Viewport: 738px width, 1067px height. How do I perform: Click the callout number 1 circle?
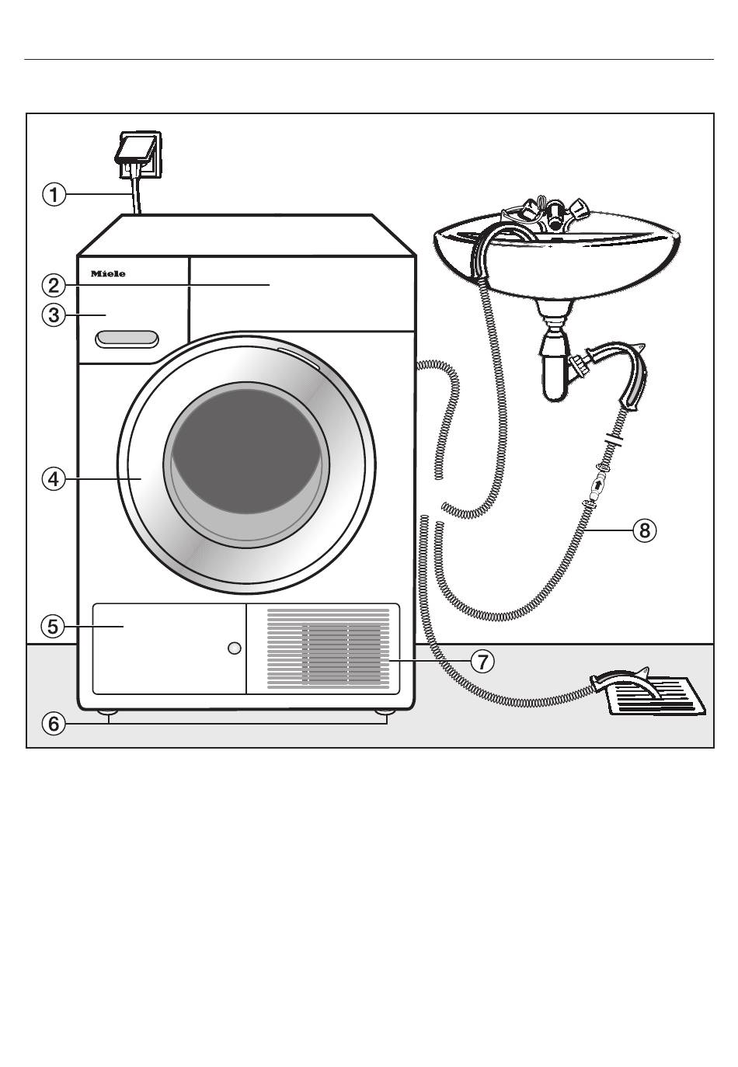(x=54, y=193)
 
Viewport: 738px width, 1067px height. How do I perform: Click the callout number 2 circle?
(x=54, y=285)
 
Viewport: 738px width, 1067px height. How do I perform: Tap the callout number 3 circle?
(x=54, y=316)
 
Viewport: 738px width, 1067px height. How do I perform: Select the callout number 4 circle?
(x=54, y=479)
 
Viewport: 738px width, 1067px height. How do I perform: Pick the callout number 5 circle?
(x=54, y=626)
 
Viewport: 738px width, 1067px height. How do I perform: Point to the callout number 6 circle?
(x=54, y=724)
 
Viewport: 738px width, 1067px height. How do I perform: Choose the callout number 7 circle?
(x=482, y=662)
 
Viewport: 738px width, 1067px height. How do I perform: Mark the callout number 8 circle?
(x=644, y=530)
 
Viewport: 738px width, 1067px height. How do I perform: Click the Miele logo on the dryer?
(x=108, y=274)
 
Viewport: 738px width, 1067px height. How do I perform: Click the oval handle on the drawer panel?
(x=127, y=339)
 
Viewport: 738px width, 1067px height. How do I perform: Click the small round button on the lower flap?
(x=235, y=648)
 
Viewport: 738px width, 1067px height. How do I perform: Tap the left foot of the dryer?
(x=107, y=711)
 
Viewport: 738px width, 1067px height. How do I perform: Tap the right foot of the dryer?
(x=384, y=711)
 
